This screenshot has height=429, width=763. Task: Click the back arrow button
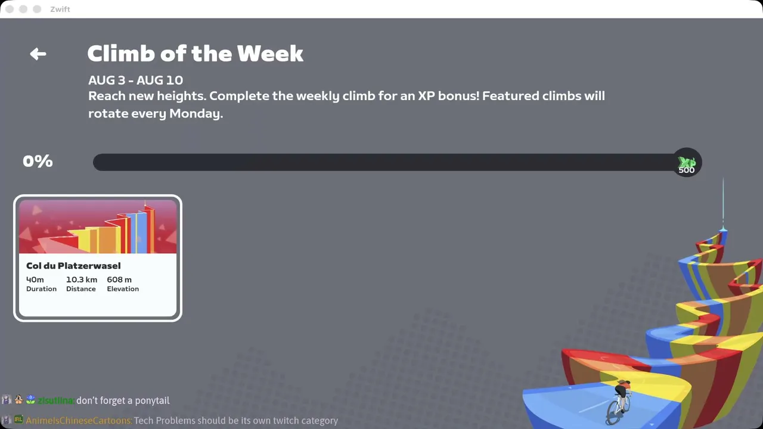pos(38,54)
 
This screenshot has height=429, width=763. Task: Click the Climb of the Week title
pos(195,54)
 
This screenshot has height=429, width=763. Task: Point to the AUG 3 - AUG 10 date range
pos(135,80)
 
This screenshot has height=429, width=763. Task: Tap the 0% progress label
pos(38,161)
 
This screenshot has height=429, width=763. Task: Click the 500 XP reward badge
pos(687,162)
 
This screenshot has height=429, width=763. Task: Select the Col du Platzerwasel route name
pos(73,266)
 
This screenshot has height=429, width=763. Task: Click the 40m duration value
pos(35,279)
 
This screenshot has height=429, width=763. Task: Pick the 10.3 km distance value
pos(82,279)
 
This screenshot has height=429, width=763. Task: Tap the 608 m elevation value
pos(119,279)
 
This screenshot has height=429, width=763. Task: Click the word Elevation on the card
pos(123,289)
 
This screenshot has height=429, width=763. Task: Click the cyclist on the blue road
pos(620,401)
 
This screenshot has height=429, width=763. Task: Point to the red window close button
pos(10,9)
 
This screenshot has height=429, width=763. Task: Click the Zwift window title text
pos(60,9)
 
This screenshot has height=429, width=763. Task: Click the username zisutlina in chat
pos(56,400)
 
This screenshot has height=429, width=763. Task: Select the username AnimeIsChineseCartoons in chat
pos(79,421)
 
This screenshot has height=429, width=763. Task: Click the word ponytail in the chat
pos(152,401)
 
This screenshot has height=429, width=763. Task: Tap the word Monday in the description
pos(196,113)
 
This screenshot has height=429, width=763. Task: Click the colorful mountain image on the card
pos(98,227)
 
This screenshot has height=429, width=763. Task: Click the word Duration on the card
pos(41,289)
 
